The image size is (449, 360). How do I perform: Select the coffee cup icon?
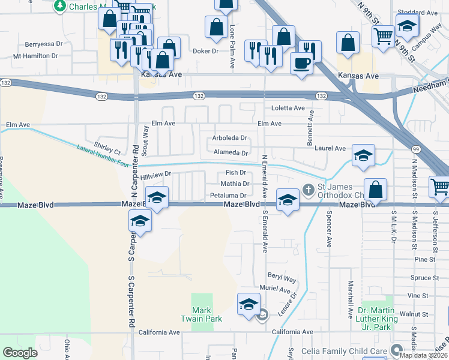301,62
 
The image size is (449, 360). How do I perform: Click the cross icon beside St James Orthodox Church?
309,190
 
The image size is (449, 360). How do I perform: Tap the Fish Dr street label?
236,173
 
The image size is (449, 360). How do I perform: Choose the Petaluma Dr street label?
228,196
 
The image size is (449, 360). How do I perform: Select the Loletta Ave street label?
288,109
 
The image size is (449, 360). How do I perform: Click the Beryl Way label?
282,280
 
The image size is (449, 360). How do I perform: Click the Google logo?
20,353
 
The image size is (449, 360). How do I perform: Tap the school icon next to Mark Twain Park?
248,304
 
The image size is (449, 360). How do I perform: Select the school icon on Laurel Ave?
363,156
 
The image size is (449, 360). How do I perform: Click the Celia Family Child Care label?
353,350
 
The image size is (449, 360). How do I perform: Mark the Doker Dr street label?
205,52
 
